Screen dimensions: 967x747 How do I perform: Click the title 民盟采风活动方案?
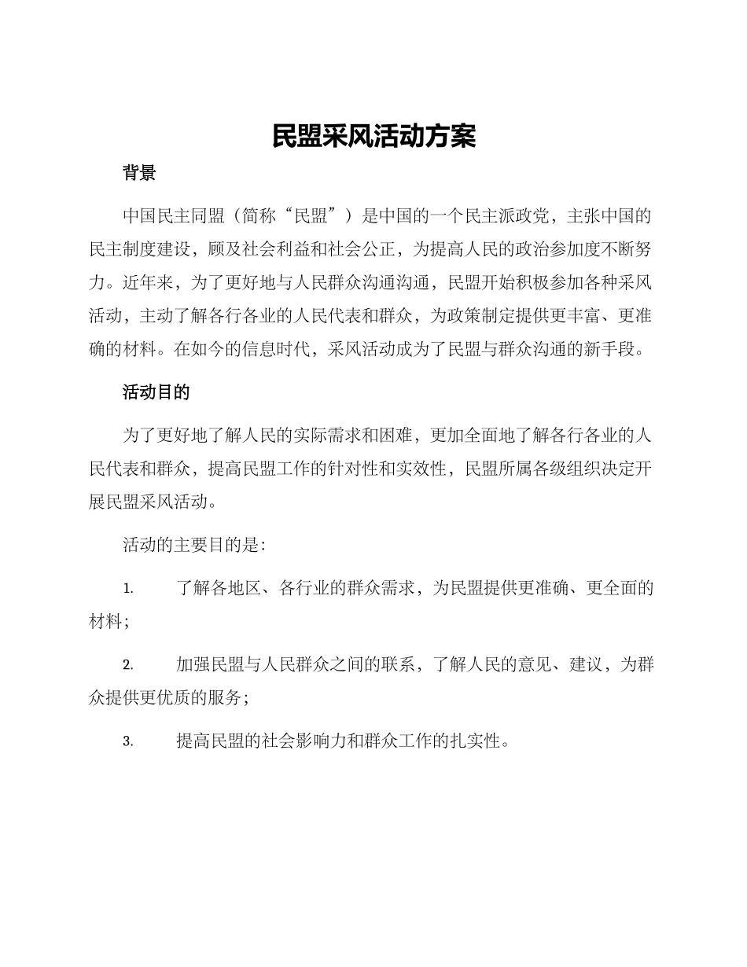[373, 136]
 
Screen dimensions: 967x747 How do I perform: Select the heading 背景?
[139, 173]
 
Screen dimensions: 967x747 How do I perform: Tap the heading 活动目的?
[156, 392]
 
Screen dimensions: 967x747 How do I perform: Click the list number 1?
[127, 589]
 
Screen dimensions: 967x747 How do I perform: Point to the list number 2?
[127, 665]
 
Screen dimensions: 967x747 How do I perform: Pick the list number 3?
[127, 741]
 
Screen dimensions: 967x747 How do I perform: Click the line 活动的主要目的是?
[193, 545]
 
